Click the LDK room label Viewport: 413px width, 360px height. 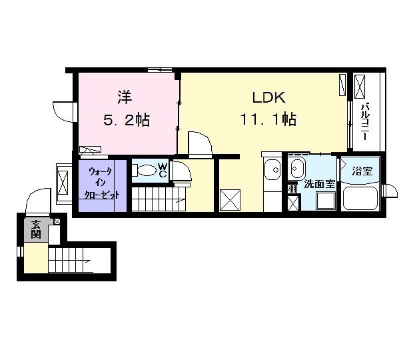tap(268, 97)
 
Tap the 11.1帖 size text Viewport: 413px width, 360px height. tap(268, 119)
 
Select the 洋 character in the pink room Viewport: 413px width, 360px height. tap(125, 97)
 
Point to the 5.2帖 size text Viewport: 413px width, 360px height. tap(127, 120)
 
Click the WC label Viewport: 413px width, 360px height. tap(163, 170)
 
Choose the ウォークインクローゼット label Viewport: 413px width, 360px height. tap(101, 183)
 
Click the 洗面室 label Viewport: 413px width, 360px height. tap(320, 184)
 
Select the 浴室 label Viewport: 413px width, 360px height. tap(362, 171)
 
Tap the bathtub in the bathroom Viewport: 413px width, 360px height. tap(360, 198)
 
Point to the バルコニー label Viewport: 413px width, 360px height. tap(366, 121)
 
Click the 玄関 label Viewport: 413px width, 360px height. tap(36, 229)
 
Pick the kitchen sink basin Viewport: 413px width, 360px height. tap(272, 170)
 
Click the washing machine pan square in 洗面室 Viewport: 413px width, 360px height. tap(326, 201)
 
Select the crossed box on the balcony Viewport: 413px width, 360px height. tap(360, 87)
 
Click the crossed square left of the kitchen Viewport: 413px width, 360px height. tap(230, 200)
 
